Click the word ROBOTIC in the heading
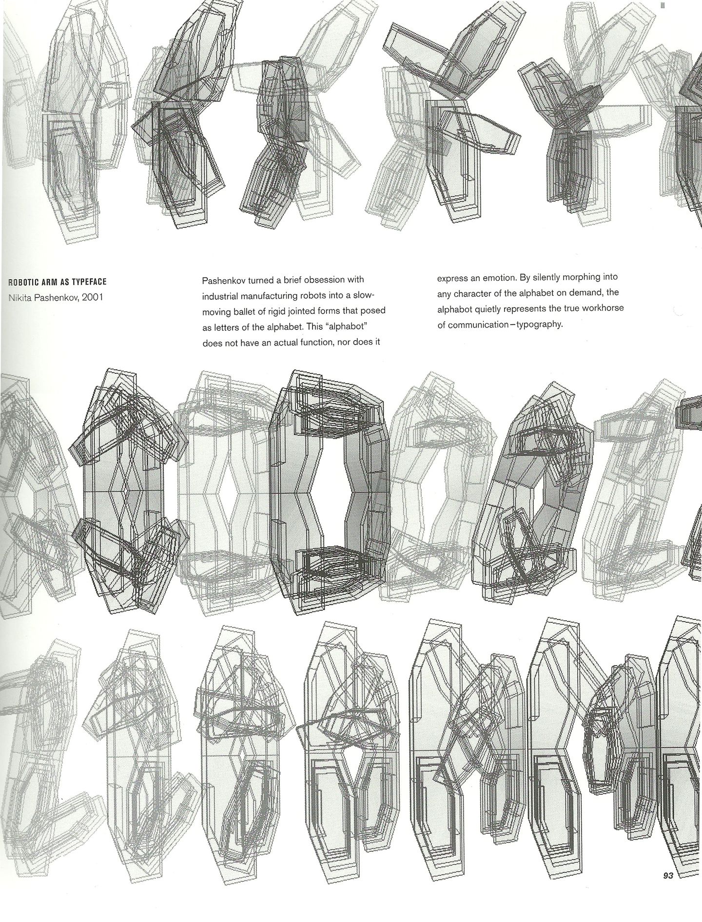[24, 282]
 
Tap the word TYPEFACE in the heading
[90, 282]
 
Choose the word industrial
[219, 295]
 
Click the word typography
[540, 324]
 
